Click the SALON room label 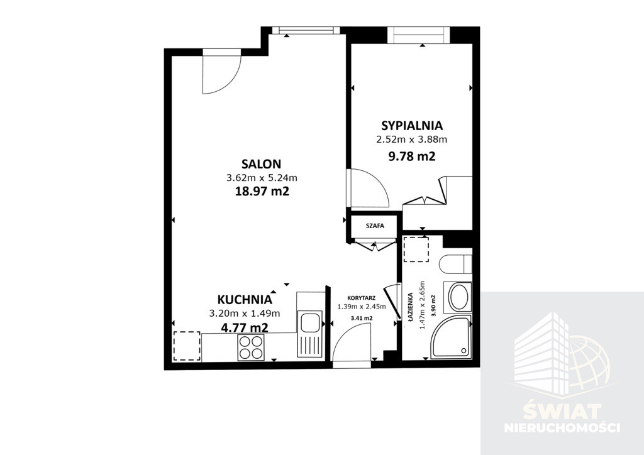click(261, 164)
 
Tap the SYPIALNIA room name click(412, 125)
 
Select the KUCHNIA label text click(245, 300)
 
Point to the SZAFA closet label click(375, 226)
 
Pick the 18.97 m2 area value click(262, 191)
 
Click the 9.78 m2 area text click(412, 156)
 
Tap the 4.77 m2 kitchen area click(245, 327)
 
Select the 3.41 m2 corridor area click(362, 318)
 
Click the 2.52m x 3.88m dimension click(412, 140)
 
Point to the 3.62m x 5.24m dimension click(262, 178)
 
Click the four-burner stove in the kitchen click(250, 348)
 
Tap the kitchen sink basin click(310, 321)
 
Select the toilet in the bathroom click(455, 264)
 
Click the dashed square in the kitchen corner click(187, 346)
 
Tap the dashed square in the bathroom click(416, 249)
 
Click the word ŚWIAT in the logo click(561, 411)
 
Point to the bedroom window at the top click(418, 35)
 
